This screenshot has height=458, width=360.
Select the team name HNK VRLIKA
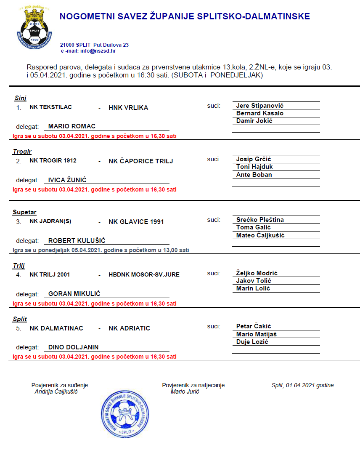(x=128, y=108)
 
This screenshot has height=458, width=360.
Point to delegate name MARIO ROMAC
(x=72, y=126)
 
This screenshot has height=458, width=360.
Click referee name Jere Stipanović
(x=260, y=106)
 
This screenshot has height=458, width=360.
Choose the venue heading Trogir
(x=22, y=152)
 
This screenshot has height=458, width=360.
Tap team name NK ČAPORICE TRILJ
(x=140, y=161)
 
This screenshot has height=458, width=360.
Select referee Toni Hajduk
(x=254, y=167)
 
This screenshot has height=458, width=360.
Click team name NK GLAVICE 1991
(x=136, y=222)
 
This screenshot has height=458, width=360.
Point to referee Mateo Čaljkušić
(x=260, y=235)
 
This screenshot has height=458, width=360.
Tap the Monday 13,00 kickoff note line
(x=101, y=250)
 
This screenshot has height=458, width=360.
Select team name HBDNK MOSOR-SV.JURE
(x=144, y=275)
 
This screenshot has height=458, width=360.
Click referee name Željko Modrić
(x=257, y=273)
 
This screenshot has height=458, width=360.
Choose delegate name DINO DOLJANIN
(x=74, y=347)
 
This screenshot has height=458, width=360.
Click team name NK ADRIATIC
(x=129, y=328)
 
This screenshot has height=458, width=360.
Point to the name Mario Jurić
(x=185, y=391)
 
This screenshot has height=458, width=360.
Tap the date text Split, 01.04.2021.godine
(x=303, y=385)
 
